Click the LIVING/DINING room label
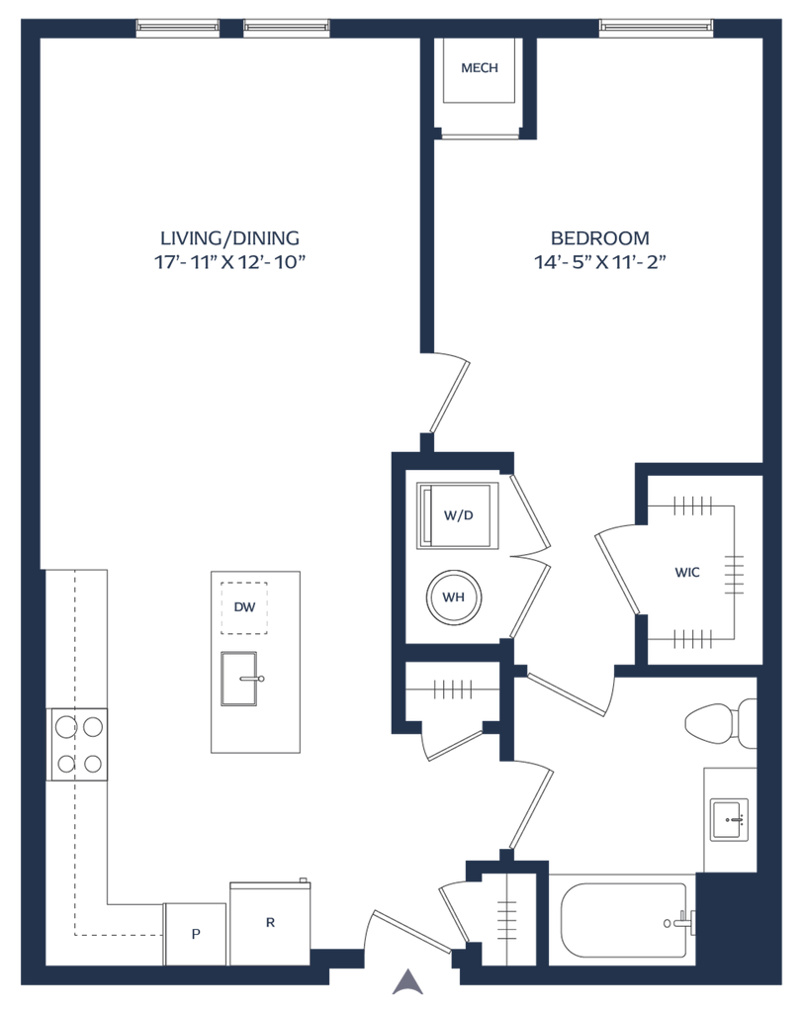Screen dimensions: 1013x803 [x=229, y=237]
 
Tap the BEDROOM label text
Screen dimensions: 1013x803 [x=600, y=237]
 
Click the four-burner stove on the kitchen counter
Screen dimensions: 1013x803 [x=78, y=745]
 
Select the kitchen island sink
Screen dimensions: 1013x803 [x=240, y=679]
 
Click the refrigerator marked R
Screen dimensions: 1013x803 [x=270, y=922]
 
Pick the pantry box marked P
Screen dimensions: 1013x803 [x=195, y=933]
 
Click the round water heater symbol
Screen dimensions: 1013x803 [x=453, y=597]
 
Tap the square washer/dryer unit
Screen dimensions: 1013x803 [x=457, y=514]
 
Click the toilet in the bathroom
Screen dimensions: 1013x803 [x=718, y=723]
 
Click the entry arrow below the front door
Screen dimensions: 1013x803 [x=403, y=981]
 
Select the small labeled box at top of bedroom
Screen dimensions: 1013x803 [x=479, y=68]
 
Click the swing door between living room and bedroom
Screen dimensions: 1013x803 [x=450, y=392]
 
